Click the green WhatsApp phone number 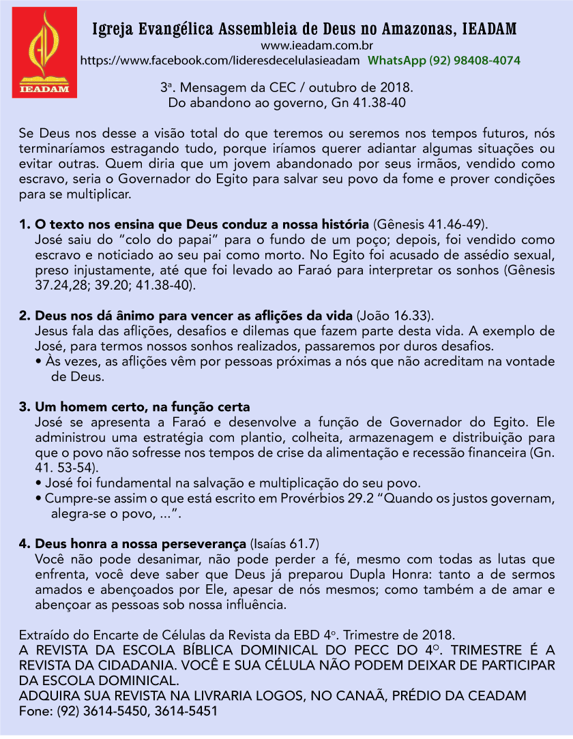click(x=444, y=61)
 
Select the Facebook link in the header click(x=220, y=61)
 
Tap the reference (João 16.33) click(x=394, y=316)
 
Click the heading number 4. click(x=25, y=543)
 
